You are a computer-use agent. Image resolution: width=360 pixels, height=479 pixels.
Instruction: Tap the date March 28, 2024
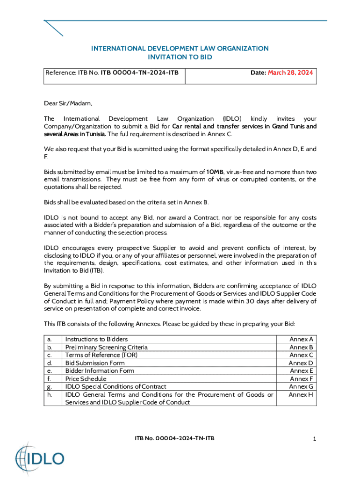pyautogui.click(x=290, y=73)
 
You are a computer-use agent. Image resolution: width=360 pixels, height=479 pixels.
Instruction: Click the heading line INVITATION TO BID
pyautogui.click(x=180, y=57)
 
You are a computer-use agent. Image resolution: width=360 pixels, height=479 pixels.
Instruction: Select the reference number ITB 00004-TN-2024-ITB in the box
pyautogui.click(x=139, y=73)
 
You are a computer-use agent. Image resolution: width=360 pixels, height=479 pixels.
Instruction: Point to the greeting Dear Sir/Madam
pyautogui.click(x=68, y=103)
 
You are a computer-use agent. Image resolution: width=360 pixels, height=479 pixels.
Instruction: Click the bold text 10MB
pyautogui.click(x=215, y=172)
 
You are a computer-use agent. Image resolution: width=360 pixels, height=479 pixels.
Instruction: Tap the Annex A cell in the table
pyautogui.click(x=301, y=339)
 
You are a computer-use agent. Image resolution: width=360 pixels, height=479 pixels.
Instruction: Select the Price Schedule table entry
pyautogui.click(x=86, y=379)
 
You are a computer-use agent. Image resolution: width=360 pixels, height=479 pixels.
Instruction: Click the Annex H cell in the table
pyautogui.click(x=301, y=395)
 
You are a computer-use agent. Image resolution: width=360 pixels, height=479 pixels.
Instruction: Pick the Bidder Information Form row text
pyautogui.click(x=100, y=371)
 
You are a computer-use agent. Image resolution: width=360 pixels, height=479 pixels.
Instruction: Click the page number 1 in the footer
pyautogui.click(x=315, y=439)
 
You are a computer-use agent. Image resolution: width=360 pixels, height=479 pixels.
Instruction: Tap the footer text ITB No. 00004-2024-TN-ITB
pyautogui.click(x=175, y=438)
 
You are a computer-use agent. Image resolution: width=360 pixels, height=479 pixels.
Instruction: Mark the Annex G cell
pyautogui.click(x=301, y=387)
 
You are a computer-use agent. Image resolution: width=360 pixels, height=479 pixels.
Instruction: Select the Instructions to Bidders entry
pyautogui.click(x=96, y=339)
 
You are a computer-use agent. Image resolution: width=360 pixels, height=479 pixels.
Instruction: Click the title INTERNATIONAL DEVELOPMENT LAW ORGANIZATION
pyautogui.click(x=180, y=49)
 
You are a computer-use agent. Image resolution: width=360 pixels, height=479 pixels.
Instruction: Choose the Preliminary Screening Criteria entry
pyautogui.click(x=107, y=347)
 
